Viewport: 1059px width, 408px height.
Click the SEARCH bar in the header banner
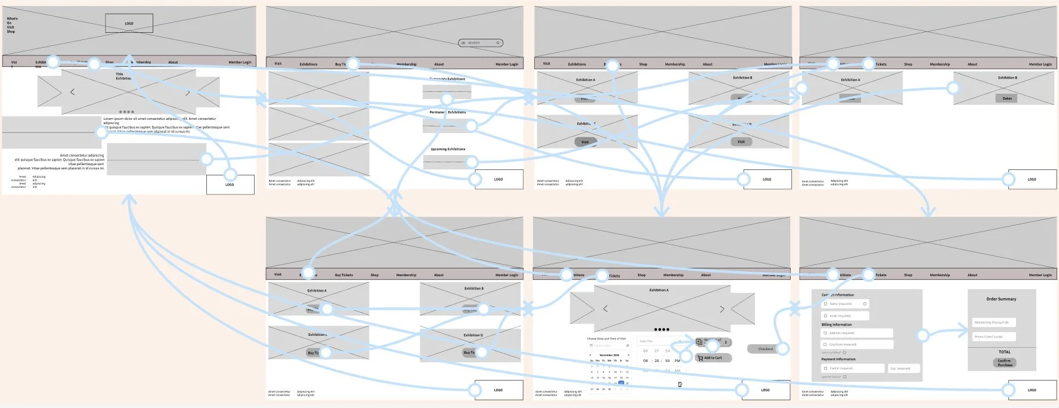click(x=481, y=43)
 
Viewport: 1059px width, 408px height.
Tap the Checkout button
click(x=766, y=349)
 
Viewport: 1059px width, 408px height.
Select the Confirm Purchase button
click(x=1005, y=363)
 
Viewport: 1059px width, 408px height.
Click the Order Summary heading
click(x=1001, y=299)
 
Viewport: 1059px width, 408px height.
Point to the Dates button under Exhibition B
click(x=1007, y=98)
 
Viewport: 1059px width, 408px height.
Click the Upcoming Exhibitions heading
click(x=448, y=149)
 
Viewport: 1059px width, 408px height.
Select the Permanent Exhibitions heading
click(x=448, y=112)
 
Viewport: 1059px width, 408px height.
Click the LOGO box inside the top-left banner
click(x=129, y=23)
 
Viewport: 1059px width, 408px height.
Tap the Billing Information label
click(x=837, y=324)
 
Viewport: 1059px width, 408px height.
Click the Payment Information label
click(x=838, y=359)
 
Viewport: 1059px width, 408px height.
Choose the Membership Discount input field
click(x=993, y=323)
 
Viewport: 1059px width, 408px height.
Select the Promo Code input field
click(x=993, y=336)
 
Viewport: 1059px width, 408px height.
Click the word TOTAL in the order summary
click(x=1005, y=352)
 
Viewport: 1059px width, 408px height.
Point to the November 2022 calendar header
click(x=609, y=355)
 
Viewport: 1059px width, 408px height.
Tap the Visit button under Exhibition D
click(x=741, y=142)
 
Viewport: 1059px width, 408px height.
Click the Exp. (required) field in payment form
click(x=903, y=369)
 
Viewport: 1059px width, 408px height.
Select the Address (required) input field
click(x=857, y=333)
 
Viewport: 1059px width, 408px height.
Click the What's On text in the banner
click(x=12, y=21)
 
